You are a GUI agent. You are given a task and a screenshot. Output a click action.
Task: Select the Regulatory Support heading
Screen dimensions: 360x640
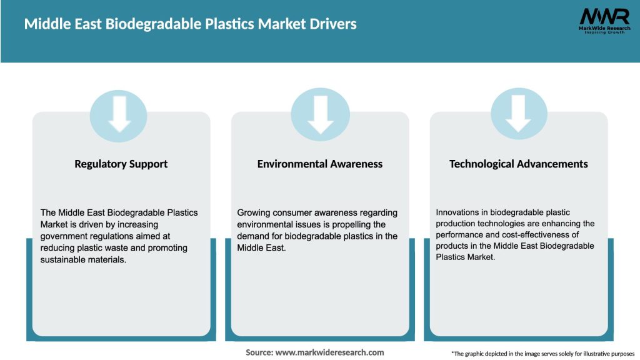(121, 164)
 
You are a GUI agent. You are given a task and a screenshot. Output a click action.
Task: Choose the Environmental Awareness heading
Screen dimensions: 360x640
(320, 164)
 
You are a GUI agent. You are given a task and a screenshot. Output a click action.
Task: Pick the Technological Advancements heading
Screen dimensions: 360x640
(519, 164)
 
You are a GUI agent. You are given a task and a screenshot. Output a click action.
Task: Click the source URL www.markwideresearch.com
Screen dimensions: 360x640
(330, 352)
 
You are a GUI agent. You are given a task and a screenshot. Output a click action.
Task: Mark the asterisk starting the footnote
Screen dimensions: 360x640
(452, 353)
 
